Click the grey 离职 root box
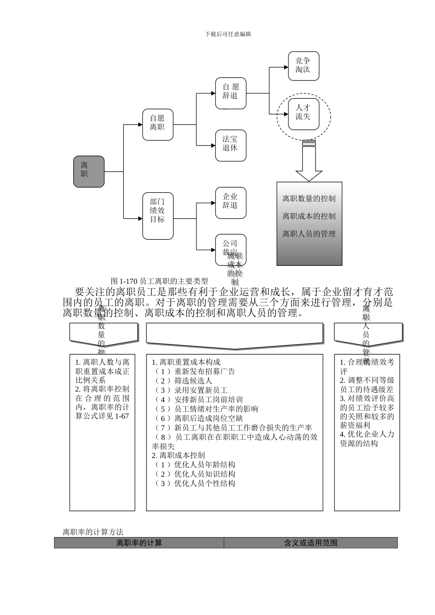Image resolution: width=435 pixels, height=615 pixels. click(89, 172)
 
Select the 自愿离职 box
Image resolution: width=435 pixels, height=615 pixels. click(158, 124)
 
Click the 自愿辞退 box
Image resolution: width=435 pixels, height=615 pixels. click(231, 93)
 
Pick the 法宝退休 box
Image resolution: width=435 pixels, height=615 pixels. click(231, 145)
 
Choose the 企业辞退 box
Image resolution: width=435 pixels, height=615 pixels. click(231, 203)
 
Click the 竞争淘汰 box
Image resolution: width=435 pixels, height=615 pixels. click(303, 66)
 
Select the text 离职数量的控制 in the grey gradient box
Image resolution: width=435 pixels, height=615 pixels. click(309, 199)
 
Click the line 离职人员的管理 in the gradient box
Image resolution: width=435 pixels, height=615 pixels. click(309, 234)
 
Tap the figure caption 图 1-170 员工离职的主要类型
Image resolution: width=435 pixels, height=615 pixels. click(159, 281)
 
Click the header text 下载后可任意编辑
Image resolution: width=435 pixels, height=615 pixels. click(228, 34)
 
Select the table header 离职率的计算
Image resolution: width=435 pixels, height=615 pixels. click(139, 543)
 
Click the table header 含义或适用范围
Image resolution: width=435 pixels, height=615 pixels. click(311, 543)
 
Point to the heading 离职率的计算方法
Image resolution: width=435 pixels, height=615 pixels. click(93, 532)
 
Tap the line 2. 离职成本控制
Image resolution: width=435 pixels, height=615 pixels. click(179, 455)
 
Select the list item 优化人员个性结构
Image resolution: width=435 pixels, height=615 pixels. click(205, 483)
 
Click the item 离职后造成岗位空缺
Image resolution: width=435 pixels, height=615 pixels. click(208, 418)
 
